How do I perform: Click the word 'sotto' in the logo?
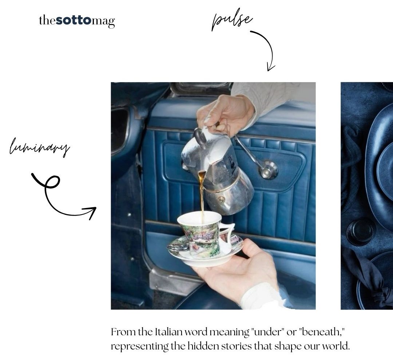[74, 20]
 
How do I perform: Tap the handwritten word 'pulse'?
[232, 20]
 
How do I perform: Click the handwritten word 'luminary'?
[39, 147]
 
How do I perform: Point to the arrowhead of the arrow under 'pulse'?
[271, 68]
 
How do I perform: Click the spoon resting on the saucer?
[178, 248]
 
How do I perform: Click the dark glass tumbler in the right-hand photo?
[361, 232]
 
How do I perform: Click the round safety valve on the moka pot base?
[221, 200]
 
